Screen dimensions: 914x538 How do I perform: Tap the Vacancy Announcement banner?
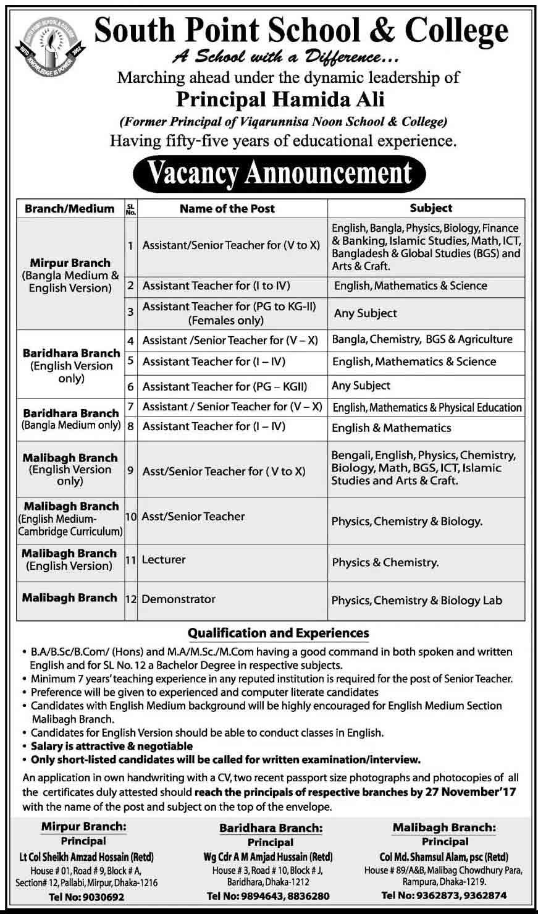tap(279, 173)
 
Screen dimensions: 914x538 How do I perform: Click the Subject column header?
tap(431, 208)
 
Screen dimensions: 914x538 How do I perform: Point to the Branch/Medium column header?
tap(70, 209)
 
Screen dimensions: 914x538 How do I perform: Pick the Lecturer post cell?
tap(164, 560)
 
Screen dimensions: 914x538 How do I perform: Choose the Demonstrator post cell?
tap(179, 599)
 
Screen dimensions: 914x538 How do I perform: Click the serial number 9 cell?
tap(130, 470)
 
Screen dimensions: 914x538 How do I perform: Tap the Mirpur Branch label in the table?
tap(70, 263)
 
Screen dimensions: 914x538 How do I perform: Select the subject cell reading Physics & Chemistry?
tap(385, 562)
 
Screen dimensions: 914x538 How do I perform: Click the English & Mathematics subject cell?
tap(392, 428)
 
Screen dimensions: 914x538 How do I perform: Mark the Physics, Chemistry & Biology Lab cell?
tap(417, 600)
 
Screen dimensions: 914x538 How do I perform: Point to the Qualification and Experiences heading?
tap(279, 633)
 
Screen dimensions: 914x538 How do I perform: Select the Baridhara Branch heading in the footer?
tap(271, 828)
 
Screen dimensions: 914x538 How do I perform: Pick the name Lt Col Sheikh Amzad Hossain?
tap(86, 857)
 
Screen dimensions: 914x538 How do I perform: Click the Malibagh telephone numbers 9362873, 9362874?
tap(444, 895)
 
